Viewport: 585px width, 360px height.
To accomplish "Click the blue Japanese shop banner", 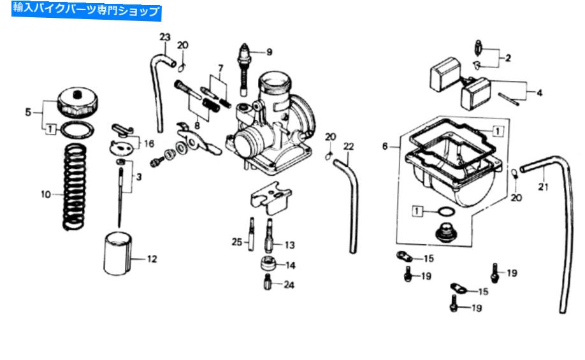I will click(87, 11).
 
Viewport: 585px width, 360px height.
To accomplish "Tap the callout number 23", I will click(165, 37).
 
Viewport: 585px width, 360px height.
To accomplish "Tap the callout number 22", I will click(348, 147).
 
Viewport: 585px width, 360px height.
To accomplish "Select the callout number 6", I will click(386, 147).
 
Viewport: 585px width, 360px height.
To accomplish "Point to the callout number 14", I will click(290, 265).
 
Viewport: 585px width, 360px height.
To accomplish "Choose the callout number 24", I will click(290, 285).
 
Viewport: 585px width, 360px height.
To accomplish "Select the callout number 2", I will click(508, 58).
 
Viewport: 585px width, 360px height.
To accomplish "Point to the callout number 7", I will click(220, 68).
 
